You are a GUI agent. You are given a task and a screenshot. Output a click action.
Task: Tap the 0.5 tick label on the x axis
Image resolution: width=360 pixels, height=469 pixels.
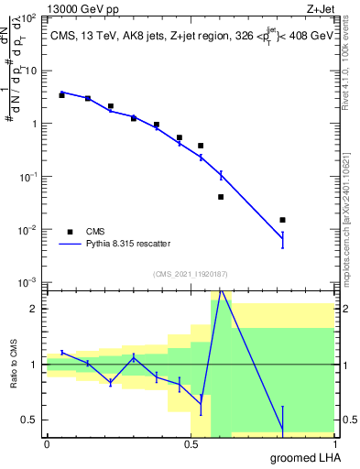[191, 443]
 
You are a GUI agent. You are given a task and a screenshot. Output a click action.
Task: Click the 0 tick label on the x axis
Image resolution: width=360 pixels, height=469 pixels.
[47, 443]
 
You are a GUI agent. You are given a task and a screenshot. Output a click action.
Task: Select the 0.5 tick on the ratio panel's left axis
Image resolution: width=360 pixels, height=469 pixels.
[33, 420]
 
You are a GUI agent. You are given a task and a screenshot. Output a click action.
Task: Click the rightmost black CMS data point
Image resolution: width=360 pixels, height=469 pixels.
[283, 220]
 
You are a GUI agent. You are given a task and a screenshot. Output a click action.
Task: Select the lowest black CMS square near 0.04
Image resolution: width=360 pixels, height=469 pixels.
[221, 197]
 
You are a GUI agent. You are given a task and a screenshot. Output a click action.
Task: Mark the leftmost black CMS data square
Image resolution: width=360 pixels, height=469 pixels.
[61, 95]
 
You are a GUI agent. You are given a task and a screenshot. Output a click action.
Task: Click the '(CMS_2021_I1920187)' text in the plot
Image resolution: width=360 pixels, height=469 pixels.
[191, 273]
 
